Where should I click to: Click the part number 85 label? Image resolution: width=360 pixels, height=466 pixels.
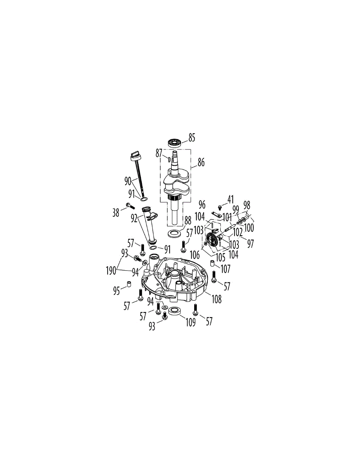pyautogui.click(x=191, y=138)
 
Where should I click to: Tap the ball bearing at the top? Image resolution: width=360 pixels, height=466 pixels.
pyautogui.click(x=176, y=143)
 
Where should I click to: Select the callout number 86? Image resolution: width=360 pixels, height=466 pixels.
pyautogui.click(x=200, y=163)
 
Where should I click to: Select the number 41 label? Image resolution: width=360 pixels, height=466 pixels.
pyautogui.click(x=230, y=200)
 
